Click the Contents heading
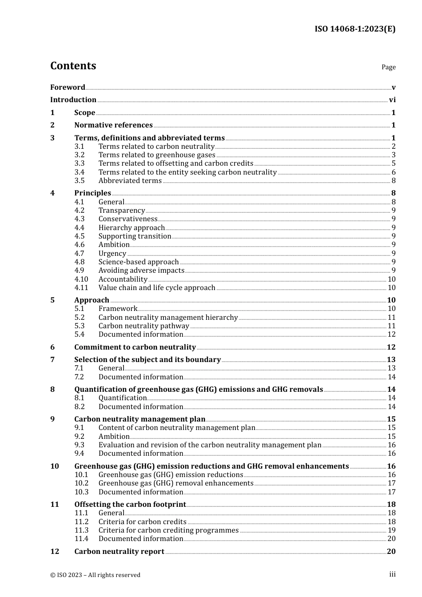point(73,66)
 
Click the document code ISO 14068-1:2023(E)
point(355,29)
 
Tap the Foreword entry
point(68,87)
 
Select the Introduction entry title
point(73,99)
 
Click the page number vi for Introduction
point(392,99)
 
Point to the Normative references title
point(113,125)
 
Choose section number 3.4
point(80,172)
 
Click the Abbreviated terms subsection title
point(130,180)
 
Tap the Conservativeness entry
point(128,219)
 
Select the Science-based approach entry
point(139,262)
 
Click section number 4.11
point(81,287)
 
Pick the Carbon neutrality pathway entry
point(144,326)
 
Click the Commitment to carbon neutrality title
point(135,347)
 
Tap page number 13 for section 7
point(391,359)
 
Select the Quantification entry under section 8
point(123,398)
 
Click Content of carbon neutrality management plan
point(177,427)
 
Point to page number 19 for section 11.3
point(391,530)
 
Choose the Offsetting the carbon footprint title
point(130,504)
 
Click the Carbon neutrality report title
point(119,551)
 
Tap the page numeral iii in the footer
point(392,574)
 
